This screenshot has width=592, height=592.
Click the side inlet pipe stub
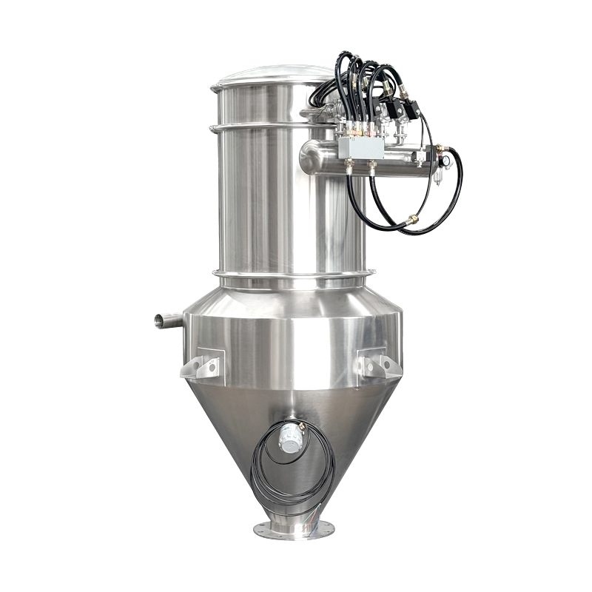click(167, 320)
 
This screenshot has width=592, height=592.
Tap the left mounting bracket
click(201, 366)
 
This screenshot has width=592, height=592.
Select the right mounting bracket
click(378, 365)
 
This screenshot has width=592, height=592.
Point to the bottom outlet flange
click(294, 530)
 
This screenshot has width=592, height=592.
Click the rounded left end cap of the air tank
click(308, 158)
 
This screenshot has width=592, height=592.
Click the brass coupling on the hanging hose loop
click(411, 219)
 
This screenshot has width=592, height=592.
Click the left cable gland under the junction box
click(348, 169)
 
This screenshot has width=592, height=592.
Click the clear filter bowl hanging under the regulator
click(436, 177)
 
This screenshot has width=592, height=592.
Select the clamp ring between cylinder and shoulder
click(292, 277)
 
